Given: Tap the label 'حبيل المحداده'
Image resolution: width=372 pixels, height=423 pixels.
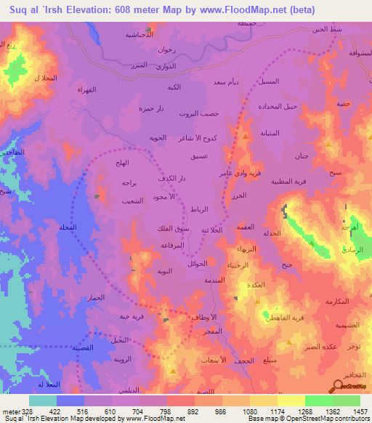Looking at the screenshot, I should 278,106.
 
